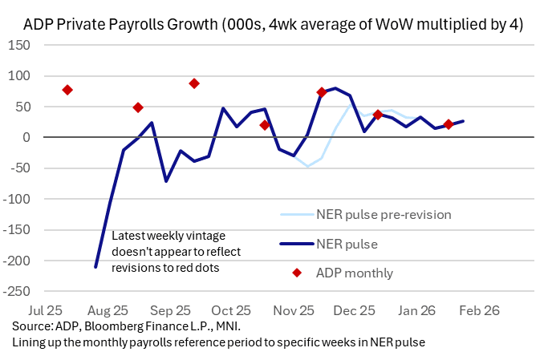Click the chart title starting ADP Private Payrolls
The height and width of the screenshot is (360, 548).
pos(274,25)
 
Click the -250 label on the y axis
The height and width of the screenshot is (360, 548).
pos(17,291)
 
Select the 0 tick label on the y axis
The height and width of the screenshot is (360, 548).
pos(26,137)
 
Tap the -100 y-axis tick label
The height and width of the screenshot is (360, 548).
pos(17,199)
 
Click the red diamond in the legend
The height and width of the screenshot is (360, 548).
pos(297,273)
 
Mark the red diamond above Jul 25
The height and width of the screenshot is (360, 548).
pos(67,90)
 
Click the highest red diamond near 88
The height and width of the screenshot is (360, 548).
pos(194,83)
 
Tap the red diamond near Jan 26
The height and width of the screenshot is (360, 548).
pos(449,124)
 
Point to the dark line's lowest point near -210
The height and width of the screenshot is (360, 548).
pos(95,266)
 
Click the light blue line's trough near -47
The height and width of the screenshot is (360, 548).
pos(307,166)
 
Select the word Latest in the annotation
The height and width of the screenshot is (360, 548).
pos(130,237)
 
